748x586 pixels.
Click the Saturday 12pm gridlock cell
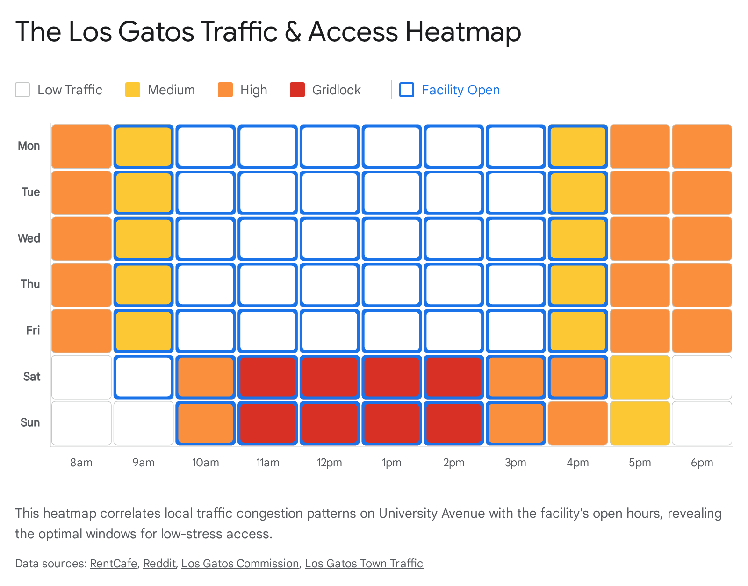330,377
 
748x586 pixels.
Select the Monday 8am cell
81,146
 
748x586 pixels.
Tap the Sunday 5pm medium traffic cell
640,423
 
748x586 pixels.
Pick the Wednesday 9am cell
144,238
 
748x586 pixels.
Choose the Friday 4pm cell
578,331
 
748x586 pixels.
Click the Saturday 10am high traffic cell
206,377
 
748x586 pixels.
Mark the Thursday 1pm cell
392,285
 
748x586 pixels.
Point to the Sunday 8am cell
81,423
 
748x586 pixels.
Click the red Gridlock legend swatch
297,90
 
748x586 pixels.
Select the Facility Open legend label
460,90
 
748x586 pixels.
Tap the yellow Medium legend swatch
133,90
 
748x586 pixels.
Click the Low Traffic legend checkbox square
22,90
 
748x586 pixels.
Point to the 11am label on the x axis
267,463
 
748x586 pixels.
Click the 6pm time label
702,463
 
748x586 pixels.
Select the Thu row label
30,284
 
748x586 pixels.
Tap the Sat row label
32,377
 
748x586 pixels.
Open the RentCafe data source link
114,564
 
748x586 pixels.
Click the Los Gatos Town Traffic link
364,564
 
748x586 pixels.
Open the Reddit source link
159,564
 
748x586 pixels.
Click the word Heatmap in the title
463,32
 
